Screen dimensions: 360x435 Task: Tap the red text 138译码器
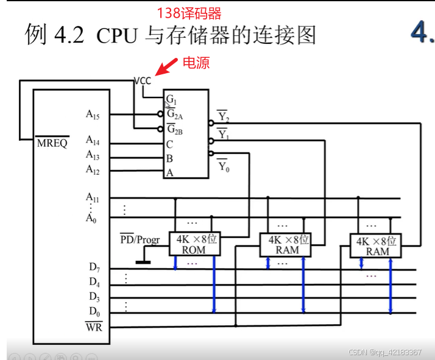[x=189, y=13]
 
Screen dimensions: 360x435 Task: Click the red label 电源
[x=196, y=62]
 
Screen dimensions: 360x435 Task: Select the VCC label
[x=143, y=80]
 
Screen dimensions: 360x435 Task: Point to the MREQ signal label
[x=52, y=144]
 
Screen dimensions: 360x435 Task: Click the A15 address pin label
[x=93, y=114]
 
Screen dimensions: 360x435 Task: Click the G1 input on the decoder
[x=171, y=99]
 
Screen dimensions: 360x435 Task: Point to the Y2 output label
[x=223, y=116]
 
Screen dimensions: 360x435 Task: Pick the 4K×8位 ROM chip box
[x=194, y=244]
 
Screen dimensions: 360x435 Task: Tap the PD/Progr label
[x=140, y=239]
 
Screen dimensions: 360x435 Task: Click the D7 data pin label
[x=94, y=267]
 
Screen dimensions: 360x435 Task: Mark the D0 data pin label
[x=94, y=311]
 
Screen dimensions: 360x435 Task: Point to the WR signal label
[x=94, y=326]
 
